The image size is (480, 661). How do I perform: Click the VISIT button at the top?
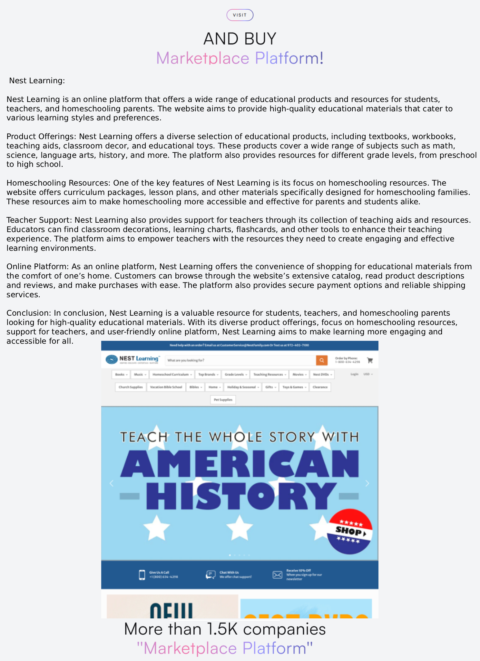pos(240,15)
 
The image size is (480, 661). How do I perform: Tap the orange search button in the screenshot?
pos(321,360)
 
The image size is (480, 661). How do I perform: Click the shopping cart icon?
pos(370,360)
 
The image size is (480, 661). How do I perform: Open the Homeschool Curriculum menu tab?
pos(172,374)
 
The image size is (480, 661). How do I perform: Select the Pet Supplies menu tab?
pos(223,400)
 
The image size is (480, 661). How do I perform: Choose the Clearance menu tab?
pos(320,387)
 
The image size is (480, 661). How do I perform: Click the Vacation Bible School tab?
pos(166,387)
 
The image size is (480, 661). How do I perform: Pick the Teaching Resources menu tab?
pos(269,374)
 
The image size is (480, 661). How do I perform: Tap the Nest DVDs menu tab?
pos(322,374)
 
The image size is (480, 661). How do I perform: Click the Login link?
pos(354,374)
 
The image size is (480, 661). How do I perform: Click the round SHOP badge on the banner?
pos(350,531)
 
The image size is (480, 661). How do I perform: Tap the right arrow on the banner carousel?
pos(367,483)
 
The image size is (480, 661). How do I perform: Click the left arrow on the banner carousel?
pos(112,483)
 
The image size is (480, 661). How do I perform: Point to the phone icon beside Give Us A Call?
pos(142,575)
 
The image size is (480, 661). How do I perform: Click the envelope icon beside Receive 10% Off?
pos(277,575)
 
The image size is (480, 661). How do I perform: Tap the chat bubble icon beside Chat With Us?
pos(211,575)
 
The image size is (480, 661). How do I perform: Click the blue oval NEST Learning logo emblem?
pos(112,359)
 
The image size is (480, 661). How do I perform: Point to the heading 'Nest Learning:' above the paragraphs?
pos(37,81)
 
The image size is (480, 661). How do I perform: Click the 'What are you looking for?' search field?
pos(240,360)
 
